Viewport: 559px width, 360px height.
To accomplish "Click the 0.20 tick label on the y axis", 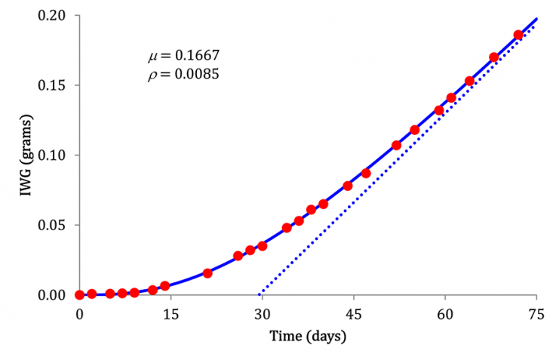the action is coord(51,16).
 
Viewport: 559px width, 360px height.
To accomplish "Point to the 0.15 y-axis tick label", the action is coord(51,85).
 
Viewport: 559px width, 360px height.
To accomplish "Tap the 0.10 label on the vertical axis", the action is coord(51,155).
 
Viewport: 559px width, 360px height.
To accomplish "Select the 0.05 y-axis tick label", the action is coord(51,226).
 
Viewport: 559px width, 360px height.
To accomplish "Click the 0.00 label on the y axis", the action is coord(51,295).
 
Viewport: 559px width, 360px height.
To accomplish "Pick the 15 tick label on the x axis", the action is coord(170,314).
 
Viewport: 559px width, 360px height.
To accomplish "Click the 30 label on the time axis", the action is coord(262,314).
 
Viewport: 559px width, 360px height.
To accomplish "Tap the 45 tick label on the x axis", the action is coord(354,314).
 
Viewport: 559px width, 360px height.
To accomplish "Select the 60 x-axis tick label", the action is coord(445,314).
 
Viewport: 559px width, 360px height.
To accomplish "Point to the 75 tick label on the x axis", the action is coord(536,314).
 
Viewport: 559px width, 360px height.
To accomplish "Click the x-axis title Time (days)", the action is coord(308,337).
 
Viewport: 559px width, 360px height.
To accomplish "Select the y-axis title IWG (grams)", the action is coord(26,155).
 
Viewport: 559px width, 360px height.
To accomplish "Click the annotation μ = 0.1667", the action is coord(184,56).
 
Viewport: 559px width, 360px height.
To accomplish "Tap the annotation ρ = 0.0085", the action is coord(183,75).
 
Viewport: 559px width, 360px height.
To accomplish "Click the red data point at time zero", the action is coord(79,295).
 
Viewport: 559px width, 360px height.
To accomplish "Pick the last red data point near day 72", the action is coord(518,35).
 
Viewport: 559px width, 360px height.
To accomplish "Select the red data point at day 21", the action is coord(207,273).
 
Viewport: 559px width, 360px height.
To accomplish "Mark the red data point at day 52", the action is coord(397,145).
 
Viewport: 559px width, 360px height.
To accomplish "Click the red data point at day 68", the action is coord(494,57).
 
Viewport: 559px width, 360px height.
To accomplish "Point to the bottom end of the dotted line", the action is coord(259,294).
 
